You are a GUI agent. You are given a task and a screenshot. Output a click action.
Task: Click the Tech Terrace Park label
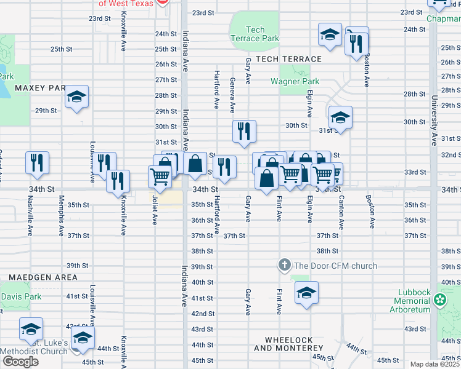pyautogui.click(x=263, y=34)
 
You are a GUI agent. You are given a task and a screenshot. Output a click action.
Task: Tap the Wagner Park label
pyautogui.click(x=295, y=81)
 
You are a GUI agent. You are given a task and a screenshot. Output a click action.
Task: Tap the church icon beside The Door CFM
pyautogui.click(x=284, y=266)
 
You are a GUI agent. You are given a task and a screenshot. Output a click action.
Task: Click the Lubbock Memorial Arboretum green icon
pyautogui.click(x=439, y=300)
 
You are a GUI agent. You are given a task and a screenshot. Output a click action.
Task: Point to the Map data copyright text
pyautogui.click(x=434, y=364)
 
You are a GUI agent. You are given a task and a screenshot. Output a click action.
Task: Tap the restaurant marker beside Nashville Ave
pyautogui.click(x=37, y=162)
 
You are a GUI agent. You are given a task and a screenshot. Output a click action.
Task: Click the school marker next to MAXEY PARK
pyautogui.click(x=77, y=97)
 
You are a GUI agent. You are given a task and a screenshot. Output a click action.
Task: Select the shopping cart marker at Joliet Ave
pyautogui.click(x=160, y=176)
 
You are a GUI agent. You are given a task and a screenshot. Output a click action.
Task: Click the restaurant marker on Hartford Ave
pyautogui.click(x=224, y=167)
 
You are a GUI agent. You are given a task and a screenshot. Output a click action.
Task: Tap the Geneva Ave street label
pyautogui.click(x=232, y=95)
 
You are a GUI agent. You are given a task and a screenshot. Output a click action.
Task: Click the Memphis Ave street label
pyautogui.click(x=61, y=216)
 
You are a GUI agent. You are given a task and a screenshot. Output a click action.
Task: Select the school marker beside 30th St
pyautogui.click(x=340, y=117)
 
